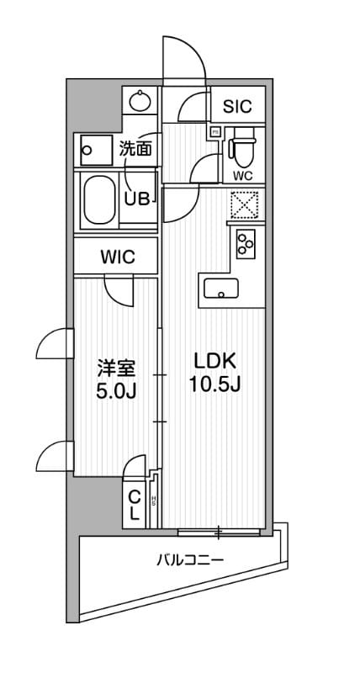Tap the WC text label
coord(244,175)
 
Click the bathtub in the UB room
coord(100,201)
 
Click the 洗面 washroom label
coord(136,150)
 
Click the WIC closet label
coord(118,257)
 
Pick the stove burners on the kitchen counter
coord(247,244)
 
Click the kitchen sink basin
coord(221,289)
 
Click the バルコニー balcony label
coord(189,559)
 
